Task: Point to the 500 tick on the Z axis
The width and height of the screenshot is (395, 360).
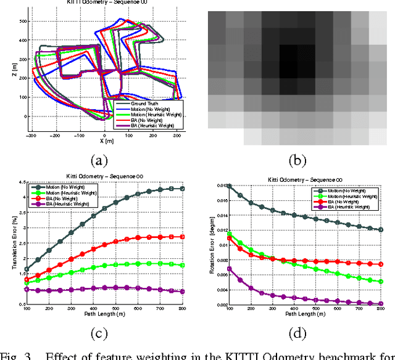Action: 23,20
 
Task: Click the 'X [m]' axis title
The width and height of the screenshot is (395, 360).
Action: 104,141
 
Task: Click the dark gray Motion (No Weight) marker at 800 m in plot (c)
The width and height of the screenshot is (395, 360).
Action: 181,189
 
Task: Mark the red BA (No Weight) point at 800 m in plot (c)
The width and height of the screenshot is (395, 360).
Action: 181,237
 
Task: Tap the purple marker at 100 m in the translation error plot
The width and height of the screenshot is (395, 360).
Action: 27,289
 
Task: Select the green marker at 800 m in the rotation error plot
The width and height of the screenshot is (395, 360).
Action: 381,281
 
